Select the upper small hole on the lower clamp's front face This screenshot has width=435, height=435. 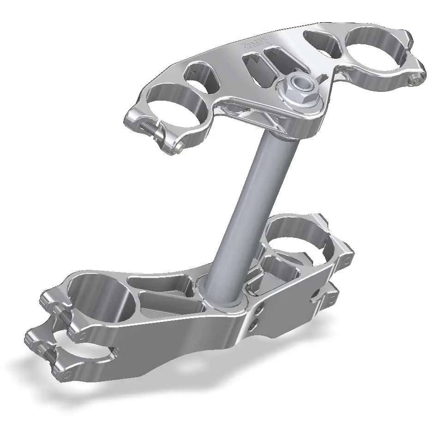pyautogui.click(x=262, y=307)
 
